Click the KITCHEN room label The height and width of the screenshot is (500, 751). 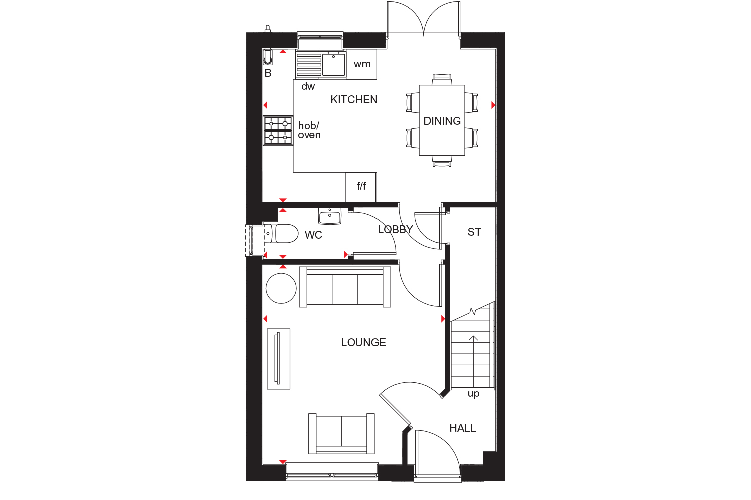[354, 99]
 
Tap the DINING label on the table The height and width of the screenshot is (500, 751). [442, 121]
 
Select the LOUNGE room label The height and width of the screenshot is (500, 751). [363, 342]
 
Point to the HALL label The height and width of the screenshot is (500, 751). [462, 428]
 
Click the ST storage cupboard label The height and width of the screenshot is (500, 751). [474, 232]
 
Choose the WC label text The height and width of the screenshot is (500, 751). [313, 235]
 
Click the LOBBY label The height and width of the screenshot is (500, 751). [395, 229]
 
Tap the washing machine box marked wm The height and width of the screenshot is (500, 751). [362, 64]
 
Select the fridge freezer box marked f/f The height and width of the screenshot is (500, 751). [361, 187]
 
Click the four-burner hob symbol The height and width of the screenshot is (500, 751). [278, 130]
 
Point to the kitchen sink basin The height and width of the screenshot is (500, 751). [334, 65]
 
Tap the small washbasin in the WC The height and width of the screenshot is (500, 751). [329, 217]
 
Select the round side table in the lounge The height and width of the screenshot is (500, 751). [281, 288]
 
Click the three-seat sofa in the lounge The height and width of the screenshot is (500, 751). [345, 287]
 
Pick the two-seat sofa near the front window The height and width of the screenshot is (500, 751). [342, 433]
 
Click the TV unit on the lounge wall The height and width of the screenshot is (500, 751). [278, 359]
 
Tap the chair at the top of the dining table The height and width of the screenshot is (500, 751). [442, 79]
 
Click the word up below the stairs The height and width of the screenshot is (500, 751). [473, 394]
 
